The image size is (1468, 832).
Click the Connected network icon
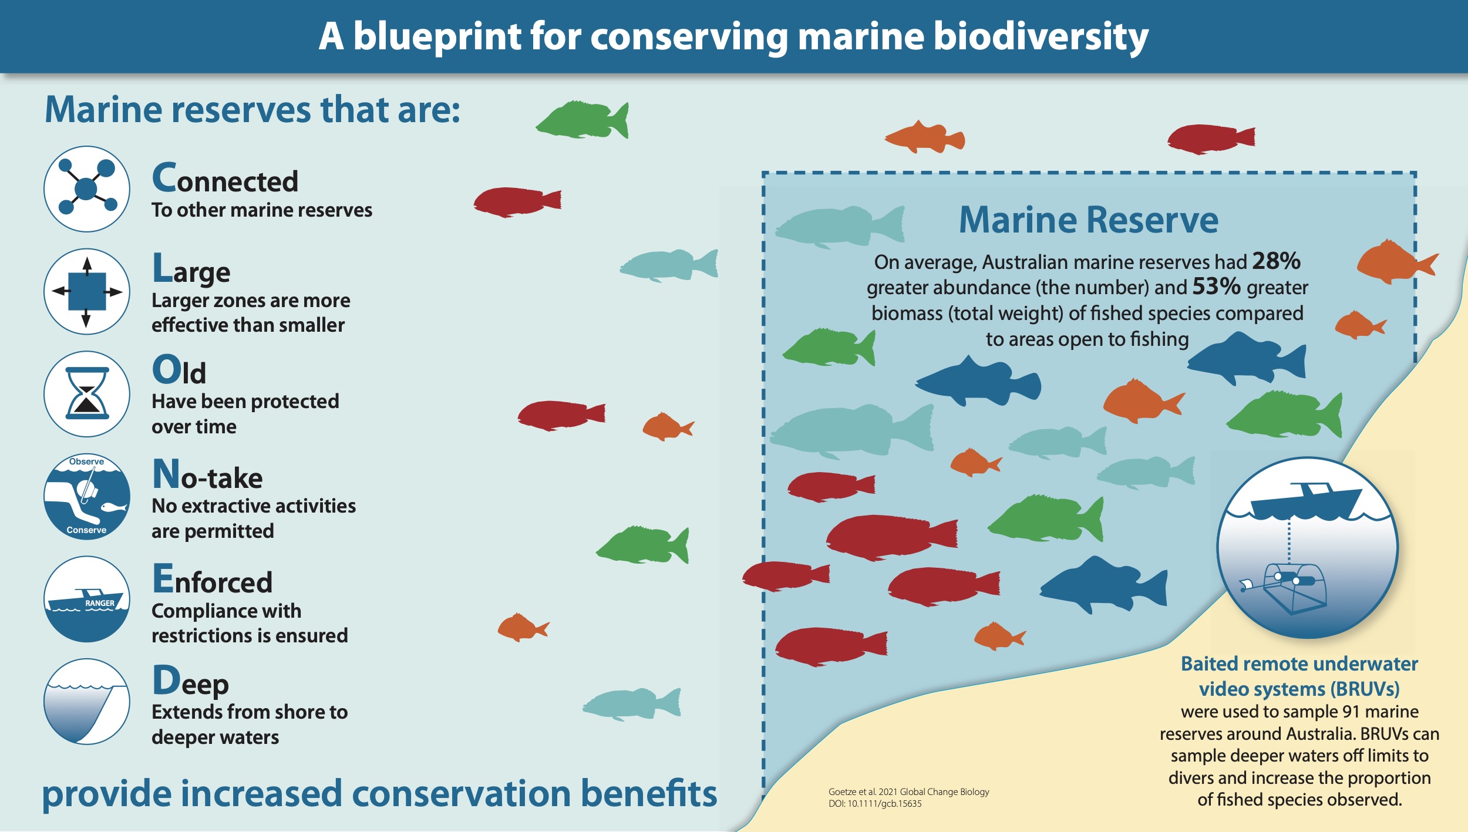pos(87,189)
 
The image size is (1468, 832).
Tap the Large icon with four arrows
pos(87,291)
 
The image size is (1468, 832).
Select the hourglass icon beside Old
pos(87,393)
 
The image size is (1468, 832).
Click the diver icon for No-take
pos(87,497)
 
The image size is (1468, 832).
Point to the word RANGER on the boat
pos(100,603)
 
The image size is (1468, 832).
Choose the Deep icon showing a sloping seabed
pos(87,702)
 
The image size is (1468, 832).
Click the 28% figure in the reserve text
pos(1276,261)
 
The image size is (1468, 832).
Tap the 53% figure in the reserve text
pos(1216,287)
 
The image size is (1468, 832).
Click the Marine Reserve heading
pos(1089,220)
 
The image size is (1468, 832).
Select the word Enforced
pos(212,580)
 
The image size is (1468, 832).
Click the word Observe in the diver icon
pos(86,462)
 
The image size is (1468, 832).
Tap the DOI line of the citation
pos(875,804)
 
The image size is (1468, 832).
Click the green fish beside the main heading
pos(583,120)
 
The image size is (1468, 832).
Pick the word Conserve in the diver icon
pos(86,530)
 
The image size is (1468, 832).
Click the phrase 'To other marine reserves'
pos(262,210)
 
